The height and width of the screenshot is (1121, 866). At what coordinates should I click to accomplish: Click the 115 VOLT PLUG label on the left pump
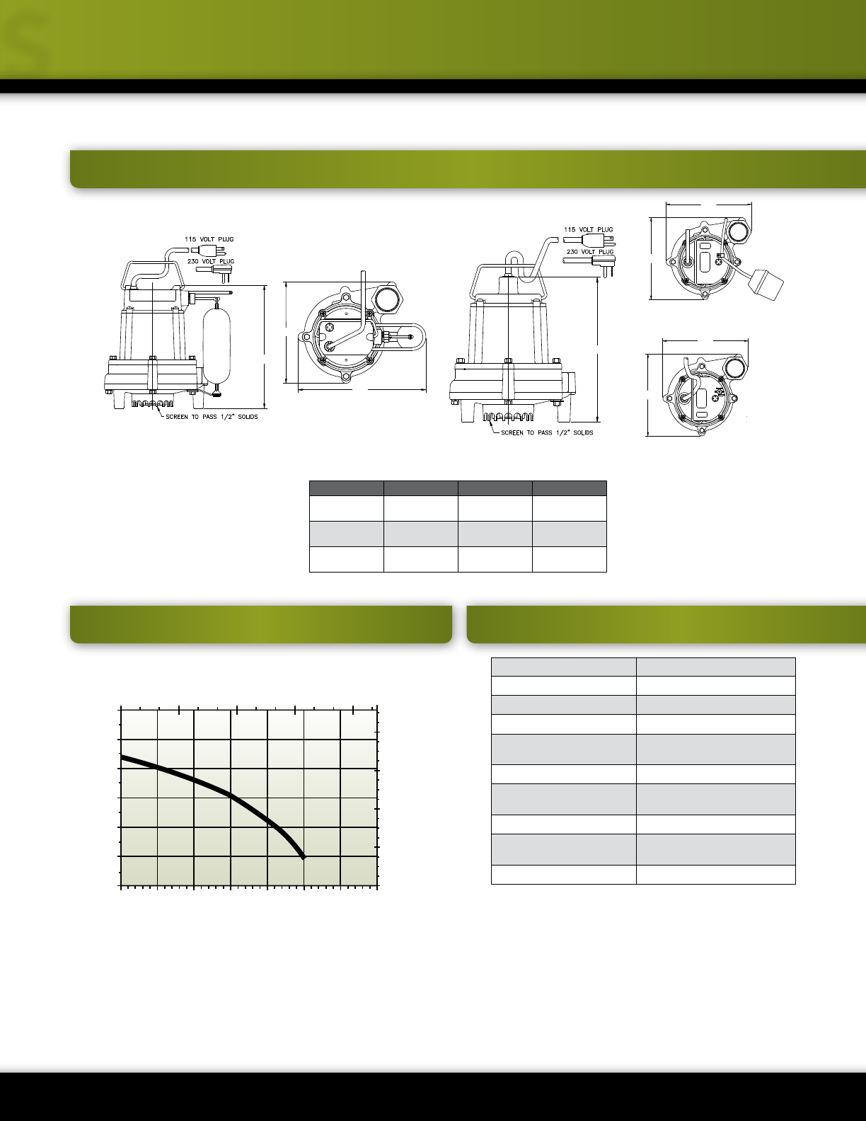209,239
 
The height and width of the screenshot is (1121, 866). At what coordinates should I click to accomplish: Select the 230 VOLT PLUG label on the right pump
590,252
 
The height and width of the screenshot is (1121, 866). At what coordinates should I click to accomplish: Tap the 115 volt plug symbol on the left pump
209,251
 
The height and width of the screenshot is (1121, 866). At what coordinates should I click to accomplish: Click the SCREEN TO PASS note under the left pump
212,417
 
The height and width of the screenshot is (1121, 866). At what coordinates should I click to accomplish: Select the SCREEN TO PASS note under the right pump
547,433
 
